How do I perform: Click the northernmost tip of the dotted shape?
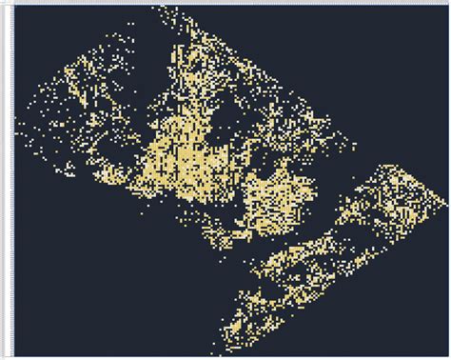[157, 7]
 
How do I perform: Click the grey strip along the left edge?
[5, 181]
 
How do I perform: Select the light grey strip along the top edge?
[225, 2]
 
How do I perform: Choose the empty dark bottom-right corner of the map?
[409, 324]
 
